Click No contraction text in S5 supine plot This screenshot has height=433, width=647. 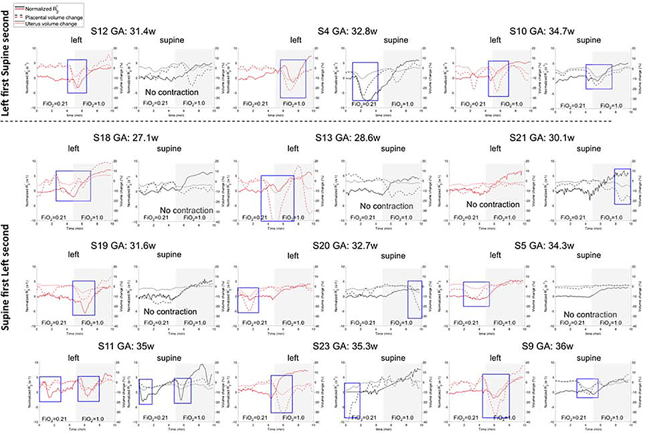tap(590, 315)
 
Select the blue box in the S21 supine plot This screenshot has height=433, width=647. tap(622, 186)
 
